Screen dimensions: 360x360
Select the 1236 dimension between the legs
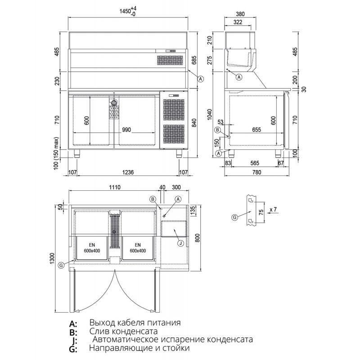(128, 172)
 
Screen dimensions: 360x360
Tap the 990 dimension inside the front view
(126, 130)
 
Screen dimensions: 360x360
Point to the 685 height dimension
(194, 60)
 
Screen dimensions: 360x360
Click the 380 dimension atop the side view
(240, 14)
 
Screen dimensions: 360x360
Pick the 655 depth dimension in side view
(256, 130)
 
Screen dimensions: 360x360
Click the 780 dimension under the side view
(256, 172)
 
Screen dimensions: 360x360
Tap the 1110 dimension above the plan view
(115, 187)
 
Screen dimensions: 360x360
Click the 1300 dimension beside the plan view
(52, 258)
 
